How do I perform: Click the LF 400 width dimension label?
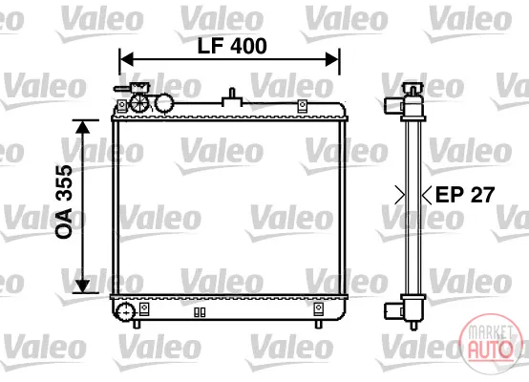(x=232, y=46)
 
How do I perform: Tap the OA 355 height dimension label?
(x=64, y=202)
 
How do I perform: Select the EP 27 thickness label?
(x=465, y=195)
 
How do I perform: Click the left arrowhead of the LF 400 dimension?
(x=126, y=59)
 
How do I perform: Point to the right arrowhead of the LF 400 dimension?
(x=331, y=59)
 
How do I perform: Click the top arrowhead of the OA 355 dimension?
(x=82, y=126)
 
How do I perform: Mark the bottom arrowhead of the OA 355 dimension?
(x=82, y=286)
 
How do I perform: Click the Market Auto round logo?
(x=490, y=344)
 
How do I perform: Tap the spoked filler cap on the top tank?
(x=139, y=102)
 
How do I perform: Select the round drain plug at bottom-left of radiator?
(x=125, y=312)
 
